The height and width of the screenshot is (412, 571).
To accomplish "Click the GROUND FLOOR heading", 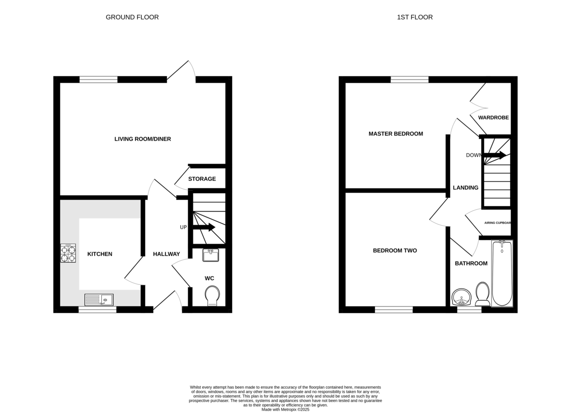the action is click(x=132, y=17).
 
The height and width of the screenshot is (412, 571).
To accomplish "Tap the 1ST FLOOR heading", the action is click(x=415, y=17).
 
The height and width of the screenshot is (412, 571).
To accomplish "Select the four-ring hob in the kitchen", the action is click(x=68, y=253).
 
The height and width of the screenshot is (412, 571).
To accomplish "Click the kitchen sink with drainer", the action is click(x=99, y=300).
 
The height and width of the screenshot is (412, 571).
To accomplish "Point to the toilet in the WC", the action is click(x=212, y=295).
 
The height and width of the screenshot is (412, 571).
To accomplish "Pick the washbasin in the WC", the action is click(x=210, y=255).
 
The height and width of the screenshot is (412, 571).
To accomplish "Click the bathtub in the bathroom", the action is click(x=502, y=273).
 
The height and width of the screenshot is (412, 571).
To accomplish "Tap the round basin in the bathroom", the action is click(x=462, y=297).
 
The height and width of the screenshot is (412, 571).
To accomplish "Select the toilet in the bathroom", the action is click(x=482, y=294).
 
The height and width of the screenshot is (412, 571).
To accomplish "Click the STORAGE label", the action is click(x=202, y=179).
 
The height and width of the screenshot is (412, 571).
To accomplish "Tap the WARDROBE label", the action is click(x=493, y=118).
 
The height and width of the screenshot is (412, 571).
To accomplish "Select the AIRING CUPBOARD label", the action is click(x=498, y=223).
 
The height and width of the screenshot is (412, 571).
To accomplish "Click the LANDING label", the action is click(x=465, y=187).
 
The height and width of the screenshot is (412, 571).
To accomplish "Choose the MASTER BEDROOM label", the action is click(x=395, y=134).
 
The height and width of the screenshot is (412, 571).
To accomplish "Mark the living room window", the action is click(x=98, y=79).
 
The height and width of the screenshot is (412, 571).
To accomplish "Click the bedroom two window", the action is click(x=394, y=310).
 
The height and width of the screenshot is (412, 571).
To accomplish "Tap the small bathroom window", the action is click(x=469, y=310).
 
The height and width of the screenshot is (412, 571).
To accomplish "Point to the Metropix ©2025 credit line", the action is click(x=285, y=410).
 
